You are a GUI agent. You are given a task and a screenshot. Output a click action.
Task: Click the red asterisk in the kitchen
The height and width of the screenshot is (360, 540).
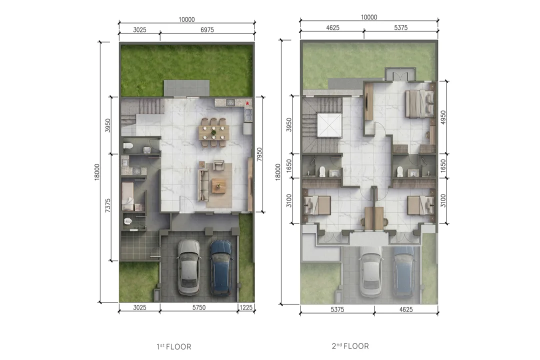247,103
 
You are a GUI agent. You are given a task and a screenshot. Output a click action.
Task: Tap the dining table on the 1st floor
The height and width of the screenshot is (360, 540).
214,132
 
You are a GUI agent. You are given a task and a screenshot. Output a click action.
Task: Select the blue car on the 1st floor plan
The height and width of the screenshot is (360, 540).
221,267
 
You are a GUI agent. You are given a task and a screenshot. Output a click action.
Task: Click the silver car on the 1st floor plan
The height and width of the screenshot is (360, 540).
188,267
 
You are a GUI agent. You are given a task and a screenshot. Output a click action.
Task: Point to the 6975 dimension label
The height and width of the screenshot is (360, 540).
207,30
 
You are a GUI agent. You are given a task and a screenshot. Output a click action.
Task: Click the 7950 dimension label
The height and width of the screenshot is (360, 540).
259,154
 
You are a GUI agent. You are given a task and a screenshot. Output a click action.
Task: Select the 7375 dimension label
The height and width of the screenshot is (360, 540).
108,205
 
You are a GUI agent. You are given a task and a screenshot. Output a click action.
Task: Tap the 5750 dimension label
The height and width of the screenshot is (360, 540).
199,307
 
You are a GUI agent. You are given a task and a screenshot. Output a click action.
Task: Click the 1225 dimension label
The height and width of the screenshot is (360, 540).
246,307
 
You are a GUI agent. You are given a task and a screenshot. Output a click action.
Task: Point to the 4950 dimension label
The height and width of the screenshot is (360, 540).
443,117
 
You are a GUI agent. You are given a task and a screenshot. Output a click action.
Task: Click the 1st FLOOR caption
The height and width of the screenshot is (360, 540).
174,346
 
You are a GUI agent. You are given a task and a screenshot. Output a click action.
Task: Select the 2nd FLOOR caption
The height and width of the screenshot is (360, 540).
350,346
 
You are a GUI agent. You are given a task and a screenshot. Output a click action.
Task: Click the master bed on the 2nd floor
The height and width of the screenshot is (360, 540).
420,103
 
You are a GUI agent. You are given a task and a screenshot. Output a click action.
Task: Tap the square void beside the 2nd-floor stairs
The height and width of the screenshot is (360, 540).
329,125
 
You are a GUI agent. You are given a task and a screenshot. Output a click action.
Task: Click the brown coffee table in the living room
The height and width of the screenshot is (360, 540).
219,186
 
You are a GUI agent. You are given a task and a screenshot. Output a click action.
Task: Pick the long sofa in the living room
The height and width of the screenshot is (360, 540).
203,185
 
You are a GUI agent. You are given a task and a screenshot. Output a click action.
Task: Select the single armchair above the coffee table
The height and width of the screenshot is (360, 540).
218,165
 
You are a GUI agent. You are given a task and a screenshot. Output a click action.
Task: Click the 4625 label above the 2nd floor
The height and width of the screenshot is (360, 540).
332,27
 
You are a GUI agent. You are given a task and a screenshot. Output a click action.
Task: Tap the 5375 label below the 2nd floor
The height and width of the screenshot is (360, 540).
337,309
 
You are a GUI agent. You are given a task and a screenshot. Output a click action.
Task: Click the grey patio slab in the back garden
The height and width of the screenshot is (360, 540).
186,88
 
